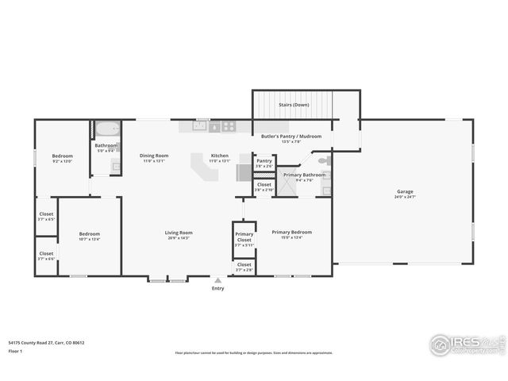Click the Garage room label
[x=406, y=191]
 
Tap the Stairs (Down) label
[x=294, y=105]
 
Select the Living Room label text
[x=179, y=232]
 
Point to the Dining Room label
[x=154, y=155]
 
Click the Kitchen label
[x=219, y=155]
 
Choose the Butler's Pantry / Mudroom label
[x=291, y=137]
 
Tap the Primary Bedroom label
[x=291, y=232]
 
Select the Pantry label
[x=264, y=160]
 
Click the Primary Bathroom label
[x=304, y=174]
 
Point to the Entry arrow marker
[x=217, y=280]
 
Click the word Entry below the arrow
[x=217, y=288]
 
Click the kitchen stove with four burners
[x=229, y=125]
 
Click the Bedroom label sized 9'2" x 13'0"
[x=63, y=156]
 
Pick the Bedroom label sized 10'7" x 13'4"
[x=89, y=233]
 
